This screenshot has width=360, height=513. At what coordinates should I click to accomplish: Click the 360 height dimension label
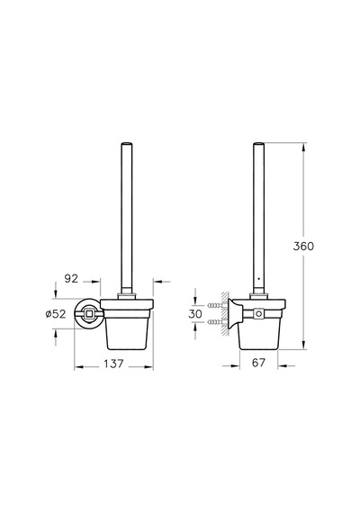point(303,246)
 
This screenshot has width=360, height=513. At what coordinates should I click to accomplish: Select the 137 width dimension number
point(113,364)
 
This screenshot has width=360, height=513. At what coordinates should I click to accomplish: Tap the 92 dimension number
point(72,278)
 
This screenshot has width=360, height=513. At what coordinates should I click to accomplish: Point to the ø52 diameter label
point(56,314)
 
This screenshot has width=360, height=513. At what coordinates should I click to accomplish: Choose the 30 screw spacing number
point(195,314)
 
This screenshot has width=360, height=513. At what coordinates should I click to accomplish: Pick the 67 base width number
point(258,363)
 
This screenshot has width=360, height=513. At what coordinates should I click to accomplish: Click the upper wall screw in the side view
point(215,306)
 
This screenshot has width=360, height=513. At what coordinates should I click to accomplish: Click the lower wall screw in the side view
point(215,322)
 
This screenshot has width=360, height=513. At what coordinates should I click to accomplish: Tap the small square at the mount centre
point(88,314)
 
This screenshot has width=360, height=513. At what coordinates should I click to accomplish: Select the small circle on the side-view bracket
point(259,314)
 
